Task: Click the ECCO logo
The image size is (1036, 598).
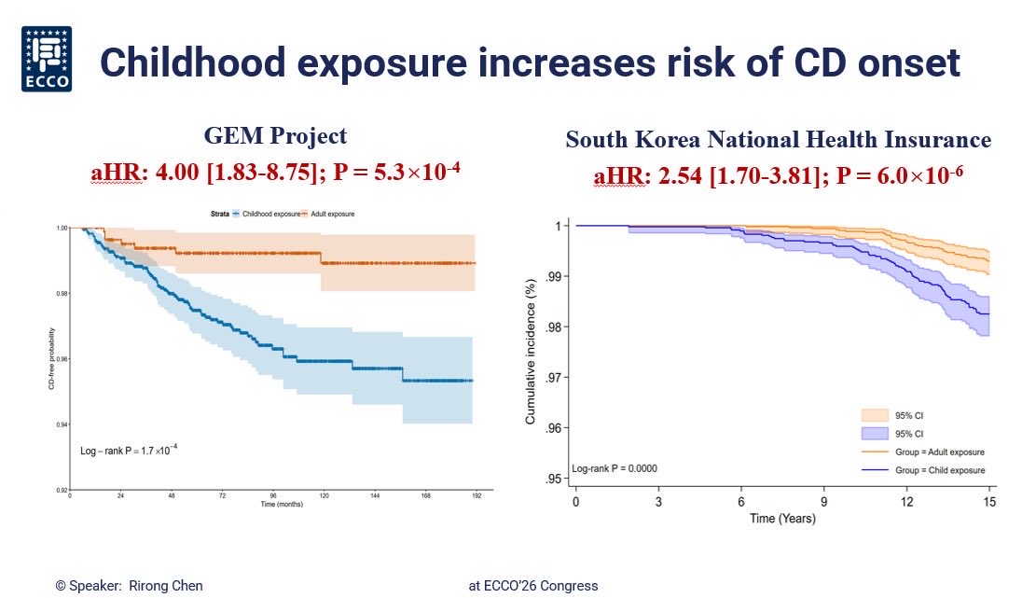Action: coord(47,60)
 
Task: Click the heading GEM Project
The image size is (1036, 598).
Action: coord(275,136)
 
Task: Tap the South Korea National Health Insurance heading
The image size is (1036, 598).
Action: coord(778,141)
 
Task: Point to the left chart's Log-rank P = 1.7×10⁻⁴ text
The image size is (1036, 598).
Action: coord(129,451)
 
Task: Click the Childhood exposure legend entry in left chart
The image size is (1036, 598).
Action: coord(268,214)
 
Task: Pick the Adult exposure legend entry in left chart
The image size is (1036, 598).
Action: coord(329,214)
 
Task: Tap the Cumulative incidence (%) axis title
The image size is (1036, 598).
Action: coord(531,350)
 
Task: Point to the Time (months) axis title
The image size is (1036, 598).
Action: coord(274,504)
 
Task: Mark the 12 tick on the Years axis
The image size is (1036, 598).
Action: coord(906,502)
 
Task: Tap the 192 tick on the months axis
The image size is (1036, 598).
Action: coord(476,496)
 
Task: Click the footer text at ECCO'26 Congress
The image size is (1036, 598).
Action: coord(533,586)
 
